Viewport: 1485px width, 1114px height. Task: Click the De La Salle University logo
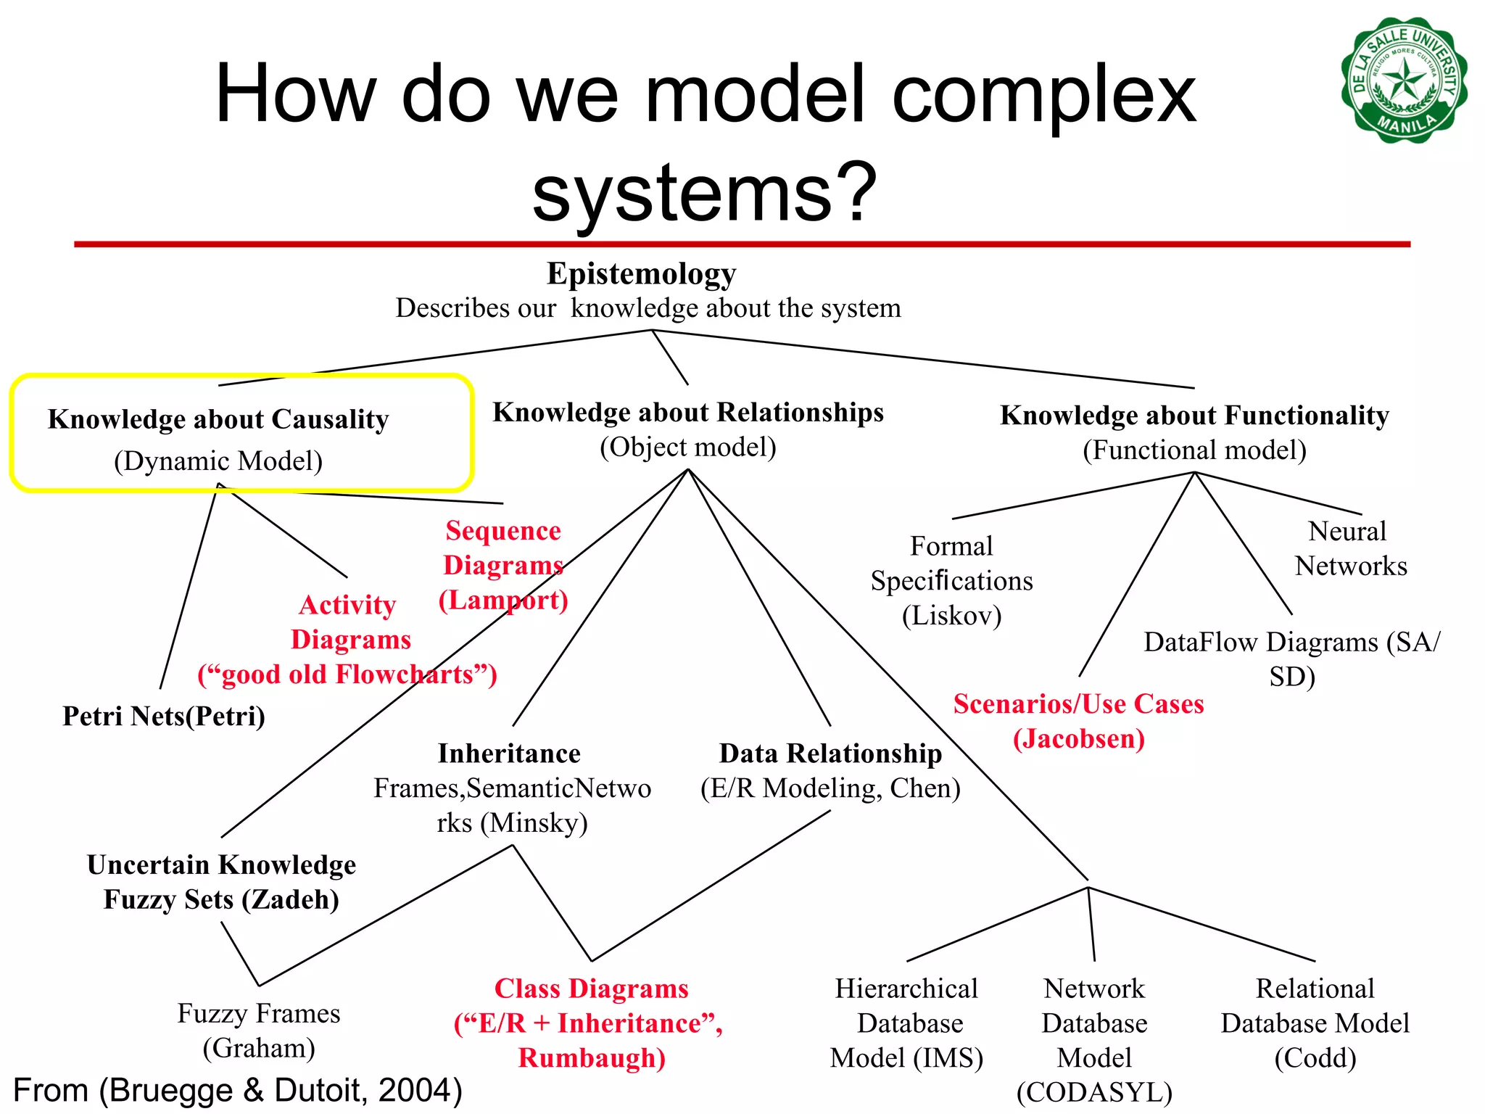pyautogui.click(x=1404, y=80)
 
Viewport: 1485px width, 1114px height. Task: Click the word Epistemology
pyautogui.click(x=641, y=274)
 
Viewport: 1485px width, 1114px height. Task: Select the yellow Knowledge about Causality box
pyautogui.click(x=241, y=434)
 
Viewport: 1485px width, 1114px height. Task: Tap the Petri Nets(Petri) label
pyautogui.click(x=164, y=716)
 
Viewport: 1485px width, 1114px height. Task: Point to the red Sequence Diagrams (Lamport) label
pyautogui.click(x=503, y=565)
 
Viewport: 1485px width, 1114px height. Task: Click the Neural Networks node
pyautogui.click(x=1350, y=548)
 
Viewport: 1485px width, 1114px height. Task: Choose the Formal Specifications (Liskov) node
pyautogui.click(x=951, y=580)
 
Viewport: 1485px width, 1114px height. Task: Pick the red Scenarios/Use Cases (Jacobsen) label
pyautogui.click(x=1078, y=721)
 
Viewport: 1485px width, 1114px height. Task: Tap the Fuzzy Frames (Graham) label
pyautogui.click(x=259, y=1030)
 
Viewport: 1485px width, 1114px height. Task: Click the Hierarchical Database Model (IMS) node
pyautogui.click(x=906, y=1023)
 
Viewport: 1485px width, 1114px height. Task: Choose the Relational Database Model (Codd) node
pyautogui.click(x=1315, y=1023)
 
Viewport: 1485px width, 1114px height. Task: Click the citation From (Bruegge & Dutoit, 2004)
pyautogui.click(x=238, y=1090)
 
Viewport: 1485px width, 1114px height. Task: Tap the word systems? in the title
pyautogui.click(x=705, y=193)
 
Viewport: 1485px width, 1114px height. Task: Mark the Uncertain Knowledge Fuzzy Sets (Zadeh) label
pyautogui.click(x=221, y=882)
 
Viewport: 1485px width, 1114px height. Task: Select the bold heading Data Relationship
pyautogui.click(x=830, y=754)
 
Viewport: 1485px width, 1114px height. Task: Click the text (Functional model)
pyautogui.click(x=1194, y=450)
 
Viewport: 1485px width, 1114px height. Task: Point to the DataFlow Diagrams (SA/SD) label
pyautogui.click(x=1291, y=659)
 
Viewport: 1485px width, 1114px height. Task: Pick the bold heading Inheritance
pyautogui.click(x=509, y=754)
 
